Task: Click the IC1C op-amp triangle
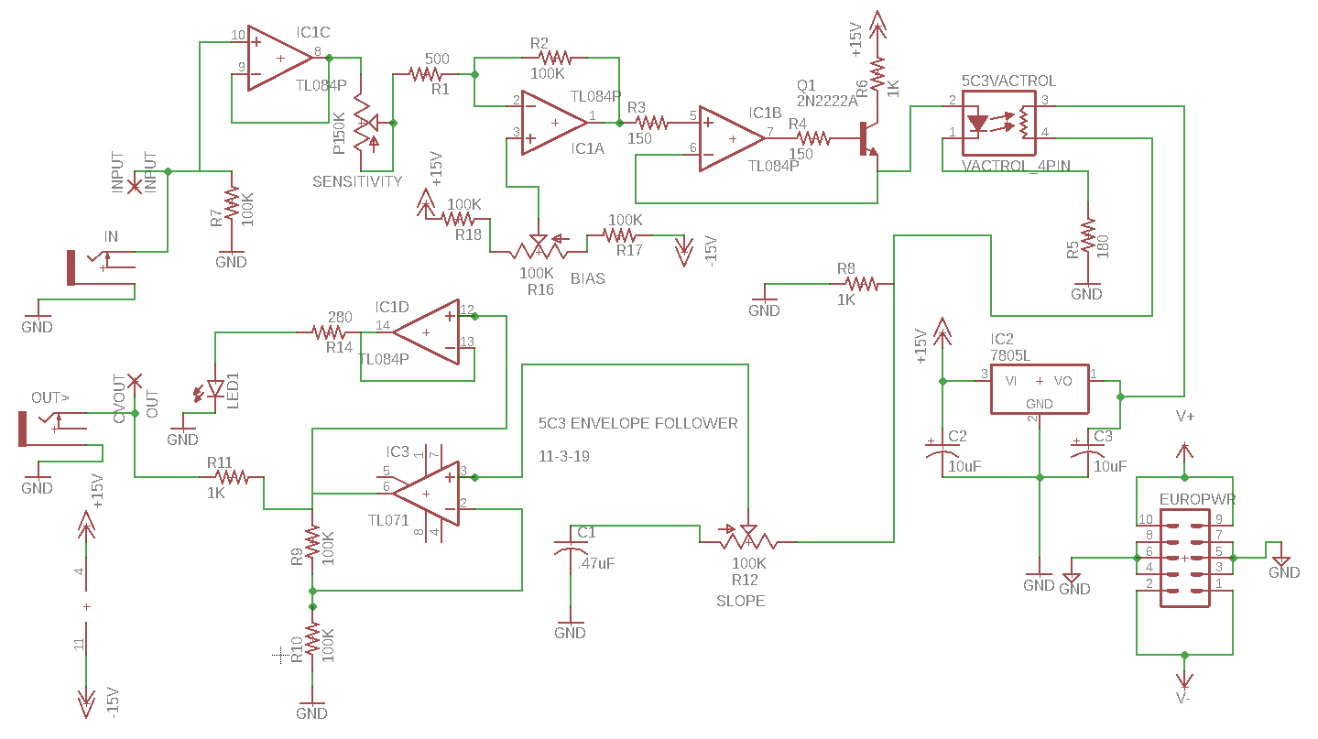pos(279,59)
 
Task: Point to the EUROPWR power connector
pos(1184,558)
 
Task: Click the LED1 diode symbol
pos(214,390)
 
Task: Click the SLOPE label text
pos(740,601)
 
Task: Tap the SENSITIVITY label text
pos(357,181)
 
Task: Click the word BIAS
pos(587,278)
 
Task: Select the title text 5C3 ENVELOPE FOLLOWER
pos(637,423)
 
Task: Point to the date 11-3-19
pos(565,455)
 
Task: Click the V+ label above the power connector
pos(1185,417)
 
